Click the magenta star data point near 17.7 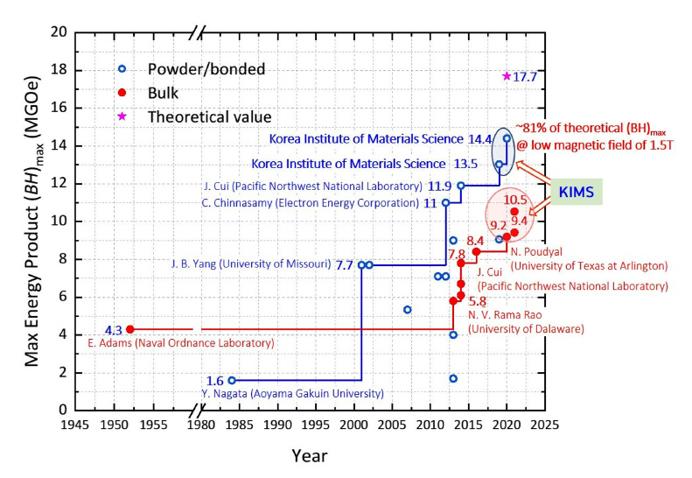pos(507,76)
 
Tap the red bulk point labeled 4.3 pos(130,329)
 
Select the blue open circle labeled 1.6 pos(232,380)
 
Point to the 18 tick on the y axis pos(59,70)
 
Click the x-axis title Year pos(310,456)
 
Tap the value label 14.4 pos(480,138)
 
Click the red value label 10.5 pos(517,200)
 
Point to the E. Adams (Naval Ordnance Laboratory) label pos(181,343)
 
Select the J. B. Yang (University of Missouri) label pos(250,264)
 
